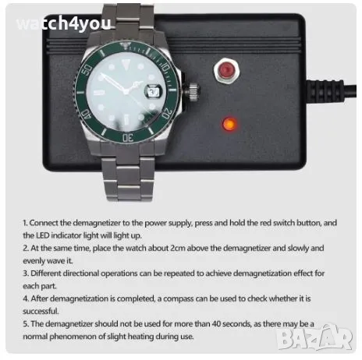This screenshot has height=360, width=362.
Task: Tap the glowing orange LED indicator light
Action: tap(229, 124)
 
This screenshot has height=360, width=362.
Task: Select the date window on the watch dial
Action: tap(153, 91)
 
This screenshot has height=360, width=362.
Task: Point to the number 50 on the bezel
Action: tap(87, 69)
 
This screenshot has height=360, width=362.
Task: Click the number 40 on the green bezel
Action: tap(86, 115)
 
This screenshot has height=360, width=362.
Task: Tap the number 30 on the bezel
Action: tap(128, 138)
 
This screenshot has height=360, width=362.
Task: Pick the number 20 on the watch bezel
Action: tap(168, 113)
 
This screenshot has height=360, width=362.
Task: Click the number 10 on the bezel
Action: tap(165, 68)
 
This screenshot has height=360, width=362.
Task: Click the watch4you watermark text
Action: tap(64, 24)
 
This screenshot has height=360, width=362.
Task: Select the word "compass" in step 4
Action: tap(178, 299)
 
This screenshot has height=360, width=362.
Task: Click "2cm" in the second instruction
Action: tap(178, 248)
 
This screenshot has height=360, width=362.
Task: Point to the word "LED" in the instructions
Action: tap(41, 235)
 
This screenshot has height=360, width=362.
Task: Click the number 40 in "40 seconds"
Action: tap(216, 324)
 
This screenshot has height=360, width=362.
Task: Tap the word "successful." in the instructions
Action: tap(41, 311)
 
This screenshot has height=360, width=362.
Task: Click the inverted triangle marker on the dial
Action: tap(126, 64)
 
